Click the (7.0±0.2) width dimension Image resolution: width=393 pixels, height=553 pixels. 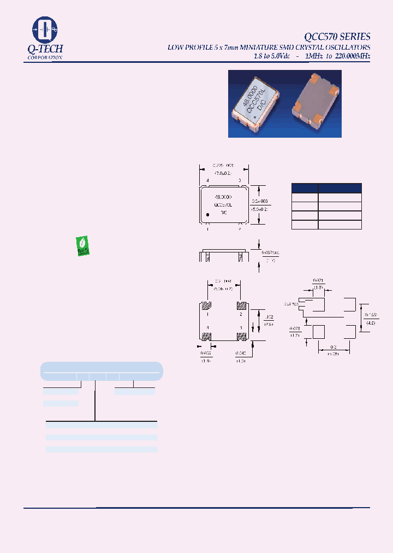(x=224, y=172)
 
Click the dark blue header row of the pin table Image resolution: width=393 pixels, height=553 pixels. (x=326, y=187)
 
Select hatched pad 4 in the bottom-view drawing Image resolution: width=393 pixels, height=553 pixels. (x=206, y=336)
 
